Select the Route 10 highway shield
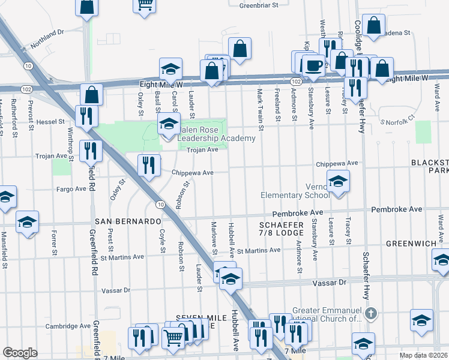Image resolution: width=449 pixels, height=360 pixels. tap(159, 205)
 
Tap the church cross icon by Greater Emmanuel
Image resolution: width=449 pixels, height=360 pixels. tap(372, 313)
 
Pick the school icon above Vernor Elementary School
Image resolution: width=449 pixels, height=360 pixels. tap(338, 181)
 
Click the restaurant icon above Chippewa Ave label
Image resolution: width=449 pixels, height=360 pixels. tap(148, 165)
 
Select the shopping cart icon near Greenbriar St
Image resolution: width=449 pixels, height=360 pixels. tap(144, 5)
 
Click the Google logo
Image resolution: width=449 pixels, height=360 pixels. tap(20, 353)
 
